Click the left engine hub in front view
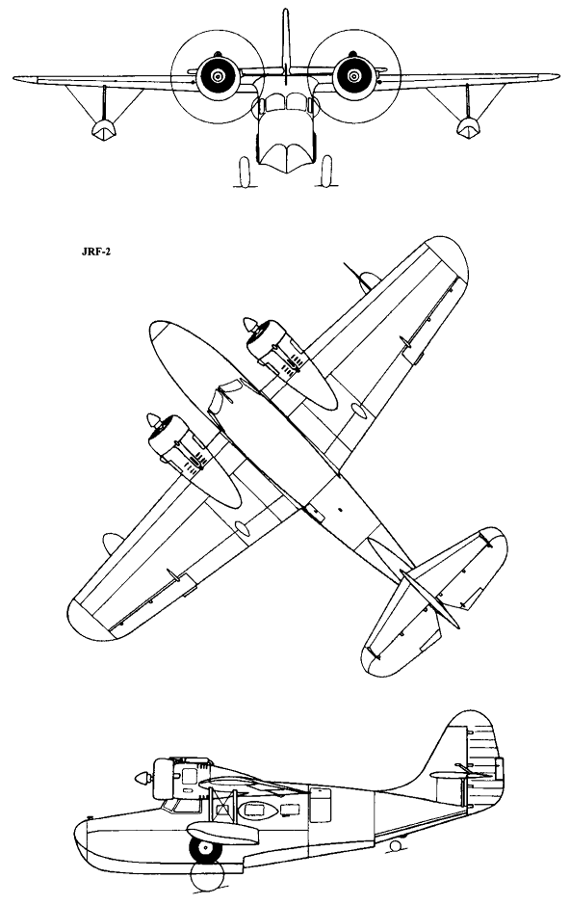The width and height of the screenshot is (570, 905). point(218,76)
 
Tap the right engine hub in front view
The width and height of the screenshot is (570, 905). point(353,76)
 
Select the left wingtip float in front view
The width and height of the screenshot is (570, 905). point(103,129)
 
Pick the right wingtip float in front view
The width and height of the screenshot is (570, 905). point(468,128)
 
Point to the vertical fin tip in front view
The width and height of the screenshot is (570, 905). point(285,11)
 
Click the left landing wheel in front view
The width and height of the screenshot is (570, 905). point(244,172)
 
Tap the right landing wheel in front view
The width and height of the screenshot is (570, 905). point(326,171)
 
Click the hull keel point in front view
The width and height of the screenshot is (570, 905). point(286,173)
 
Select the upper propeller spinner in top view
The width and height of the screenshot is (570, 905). point(250,325)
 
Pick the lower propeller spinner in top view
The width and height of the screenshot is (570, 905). point(154,421)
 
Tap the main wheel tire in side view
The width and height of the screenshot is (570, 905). point(204,847)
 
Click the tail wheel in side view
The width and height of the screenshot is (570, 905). point(395,845)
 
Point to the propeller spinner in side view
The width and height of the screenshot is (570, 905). point(142,778)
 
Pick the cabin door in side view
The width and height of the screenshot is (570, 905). point(321,804)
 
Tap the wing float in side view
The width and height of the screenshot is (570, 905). point(222,831)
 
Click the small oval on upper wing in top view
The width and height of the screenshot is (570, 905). point(359,411)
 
